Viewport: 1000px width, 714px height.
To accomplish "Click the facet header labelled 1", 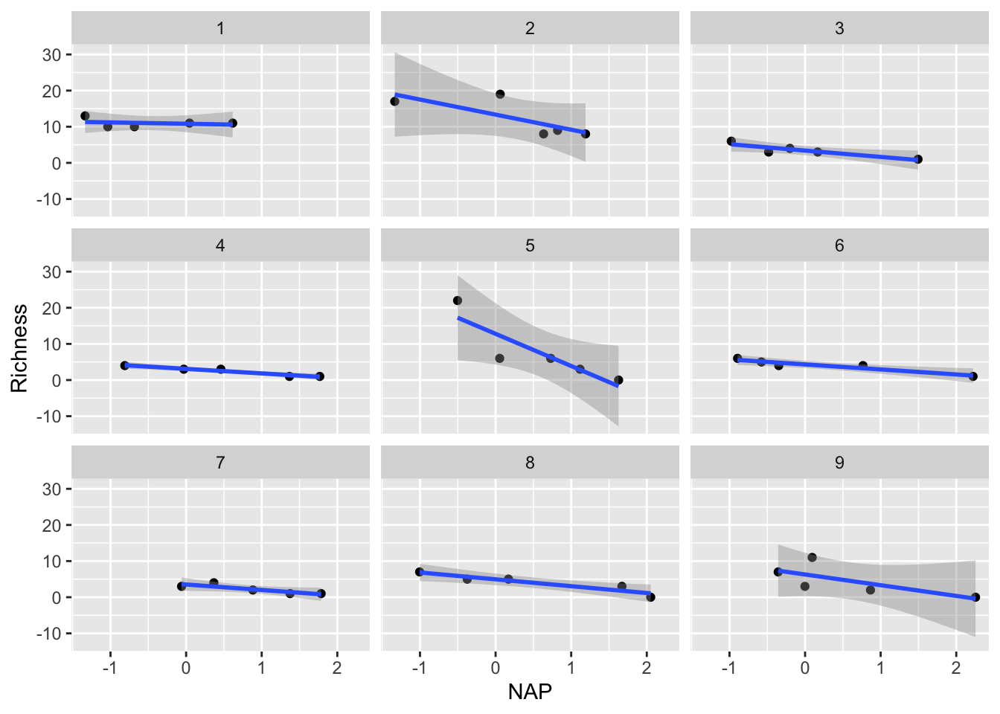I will pyautogui.click(x=220, y=29).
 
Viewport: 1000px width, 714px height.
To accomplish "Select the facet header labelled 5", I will pyautogui.click(x=530, y=246).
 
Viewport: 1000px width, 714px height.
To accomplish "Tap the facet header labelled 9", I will pyautogui.click(x=839, y=463).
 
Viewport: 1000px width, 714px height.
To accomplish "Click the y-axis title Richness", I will pyautogui.click(x=19, y=348).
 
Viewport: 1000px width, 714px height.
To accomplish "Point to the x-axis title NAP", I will pyautogui.click(x=530, y=692).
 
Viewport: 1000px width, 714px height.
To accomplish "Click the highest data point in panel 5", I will pyautogui.click(x=458, y=300).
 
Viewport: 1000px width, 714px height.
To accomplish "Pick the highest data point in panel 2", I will pyautogui.click(x=500, y=94).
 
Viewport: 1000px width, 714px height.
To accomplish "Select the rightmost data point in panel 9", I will pyautogui.click(x=975, y=597).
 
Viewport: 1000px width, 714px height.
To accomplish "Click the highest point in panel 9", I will pyautogui.click(x=812, y=558).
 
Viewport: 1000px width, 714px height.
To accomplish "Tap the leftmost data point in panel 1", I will pyautogui.click(x=85, y=116).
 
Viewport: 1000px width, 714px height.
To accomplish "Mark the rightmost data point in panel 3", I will pyautogui.click(x=918, y=159).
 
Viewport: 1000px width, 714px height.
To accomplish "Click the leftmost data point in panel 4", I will pyautogui.click(x=125, y=365).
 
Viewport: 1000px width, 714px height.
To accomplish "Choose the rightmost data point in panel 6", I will pyautogui.click(x=973, y=376).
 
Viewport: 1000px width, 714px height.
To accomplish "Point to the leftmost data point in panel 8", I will pyautogui.click(x=420, y=572).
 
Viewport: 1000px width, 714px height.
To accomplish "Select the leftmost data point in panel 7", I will pyautogui.click(x=182, y=586).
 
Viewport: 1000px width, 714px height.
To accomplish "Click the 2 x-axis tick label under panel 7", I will pyautogui.click(x=337, y=668).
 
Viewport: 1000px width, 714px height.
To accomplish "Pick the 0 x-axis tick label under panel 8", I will pyautogui.click(x=496, y=668).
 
